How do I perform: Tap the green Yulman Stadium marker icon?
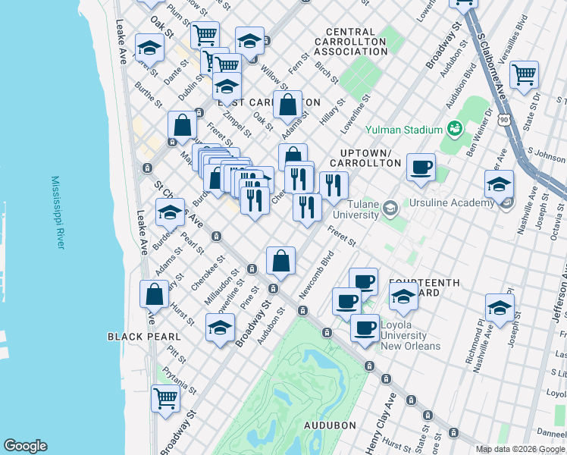click(x=455, y=128)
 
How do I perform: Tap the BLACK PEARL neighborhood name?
click(x=144, y=337)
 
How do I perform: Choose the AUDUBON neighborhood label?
click(x=330, y=425)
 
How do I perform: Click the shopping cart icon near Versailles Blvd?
click(x=525, y=75)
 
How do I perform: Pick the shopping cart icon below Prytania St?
click(x=165, y=397)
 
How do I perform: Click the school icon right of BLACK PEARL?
click(x=220, y=328)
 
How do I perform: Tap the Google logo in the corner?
click(x=25, y=446)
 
